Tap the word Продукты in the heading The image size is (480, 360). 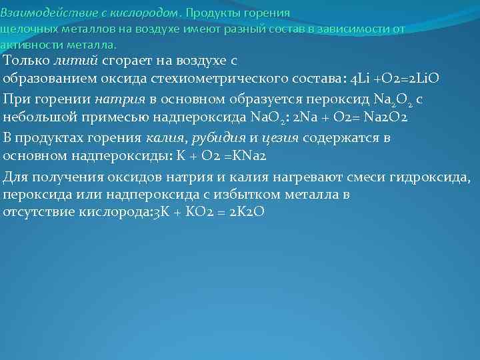tap(213, 13)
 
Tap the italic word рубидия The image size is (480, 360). tap(225, 138)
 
